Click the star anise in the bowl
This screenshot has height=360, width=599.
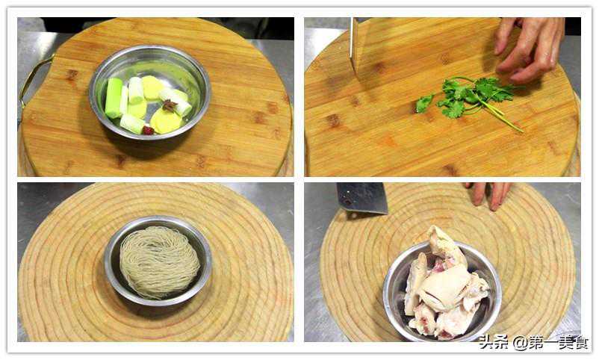[169, 105]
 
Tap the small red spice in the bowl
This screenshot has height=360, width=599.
[148, 131]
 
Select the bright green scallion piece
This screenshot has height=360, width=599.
[114, 98]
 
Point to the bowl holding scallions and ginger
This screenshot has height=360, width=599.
[149, 92]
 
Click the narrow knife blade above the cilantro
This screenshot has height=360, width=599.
[355, 46]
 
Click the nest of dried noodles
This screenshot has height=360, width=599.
[159, 261]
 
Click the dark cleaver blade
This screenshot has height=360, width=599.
[361, 198]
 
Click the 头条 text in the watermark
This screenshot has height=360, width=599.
[494, 342]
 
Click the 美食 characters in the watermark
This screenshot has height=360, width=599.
[574, 342]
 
